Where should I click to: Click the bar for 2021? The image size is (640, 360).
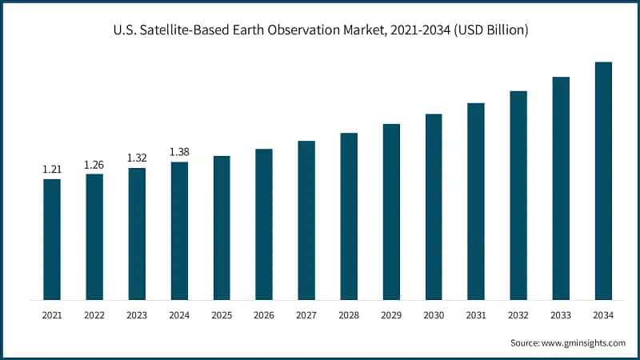tap(52, 239)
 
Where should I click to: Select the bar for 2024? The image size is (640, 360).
tap(179, 231)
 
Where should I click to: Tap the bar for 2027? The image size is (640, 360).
tap(306, 220)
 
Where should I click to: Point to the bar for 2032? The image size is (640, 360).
tap(518, 195)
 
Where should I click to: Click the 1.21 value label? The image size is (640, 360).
tap(52, 170)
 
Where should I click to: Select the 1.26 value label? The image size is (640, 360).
tap(94, 165)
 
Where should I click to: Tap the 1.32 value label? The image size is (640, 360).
tap(137, 158)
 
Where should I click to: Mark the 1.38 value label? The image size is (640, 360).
tap(179, 152)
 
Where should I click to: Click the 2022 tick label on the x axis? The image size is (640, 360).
tap(94, 316)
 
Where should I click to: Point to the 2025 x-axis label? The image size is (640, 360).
tap(222, 316)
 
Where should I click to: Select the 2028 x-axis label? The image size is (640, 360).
tap(349, 316)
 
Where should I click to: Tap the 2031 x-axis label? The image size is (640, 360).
tap(476, 316)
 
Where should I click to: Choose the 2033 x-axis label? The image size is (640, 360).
tap(561, 316)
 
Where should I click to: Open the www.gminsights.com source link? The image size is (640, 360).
tap(582, 342)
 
